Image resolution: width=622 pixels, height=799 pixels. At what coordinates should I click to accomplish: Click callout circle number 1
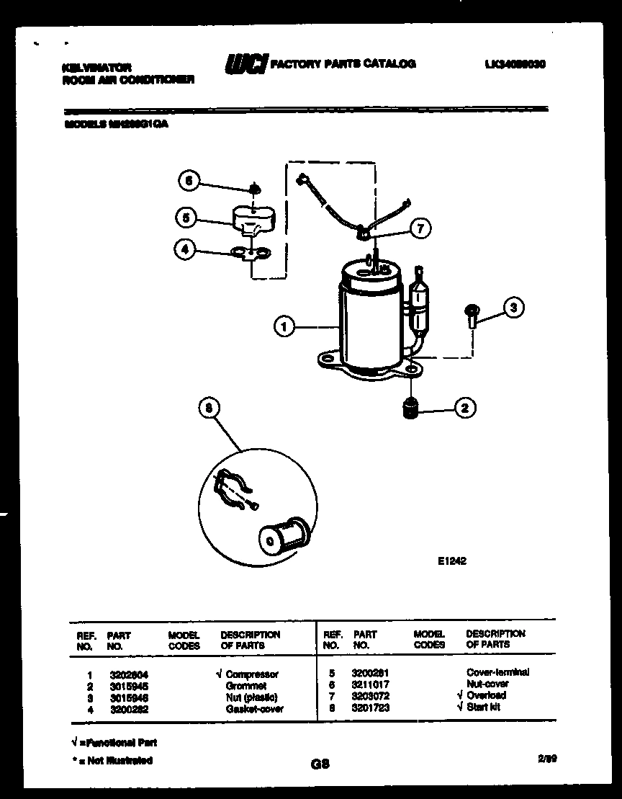click(x=284, y=327)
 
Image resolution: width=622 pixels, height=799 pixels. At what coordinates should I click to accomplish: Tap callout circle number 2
click(x=464, y=409)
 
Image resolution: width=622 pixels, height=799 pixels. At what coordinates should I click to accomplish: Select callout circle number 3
click(x=513, y=308)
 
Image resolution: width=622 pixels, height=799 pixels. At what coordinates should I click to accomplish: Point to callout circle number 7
click(x=420, y=228)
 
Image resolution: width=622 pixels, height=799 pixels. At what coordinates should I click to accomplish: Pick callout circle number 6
click(x=189, y=182)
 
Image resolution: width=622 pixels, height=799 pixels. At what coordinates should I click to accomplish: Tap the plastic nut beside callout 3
click(x=472, y=314)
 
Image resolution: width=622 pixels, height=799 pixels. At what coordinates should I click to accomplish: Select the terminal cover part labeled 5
click(x=248, y=219)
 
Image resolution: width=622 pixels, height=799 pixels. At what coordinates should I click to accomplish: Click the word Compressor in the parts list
click(x=251, y=675)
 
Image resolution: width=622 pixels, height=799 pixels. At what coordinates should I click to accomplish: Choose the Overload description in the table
click(x=486, y=695)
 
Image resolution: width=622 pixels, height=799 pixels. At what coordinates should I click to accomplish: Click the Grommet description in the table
click(x=245, y=686)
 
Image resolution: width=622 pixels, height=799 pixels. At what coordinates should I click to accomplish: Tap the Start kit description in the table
click(x=483, y=707)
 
